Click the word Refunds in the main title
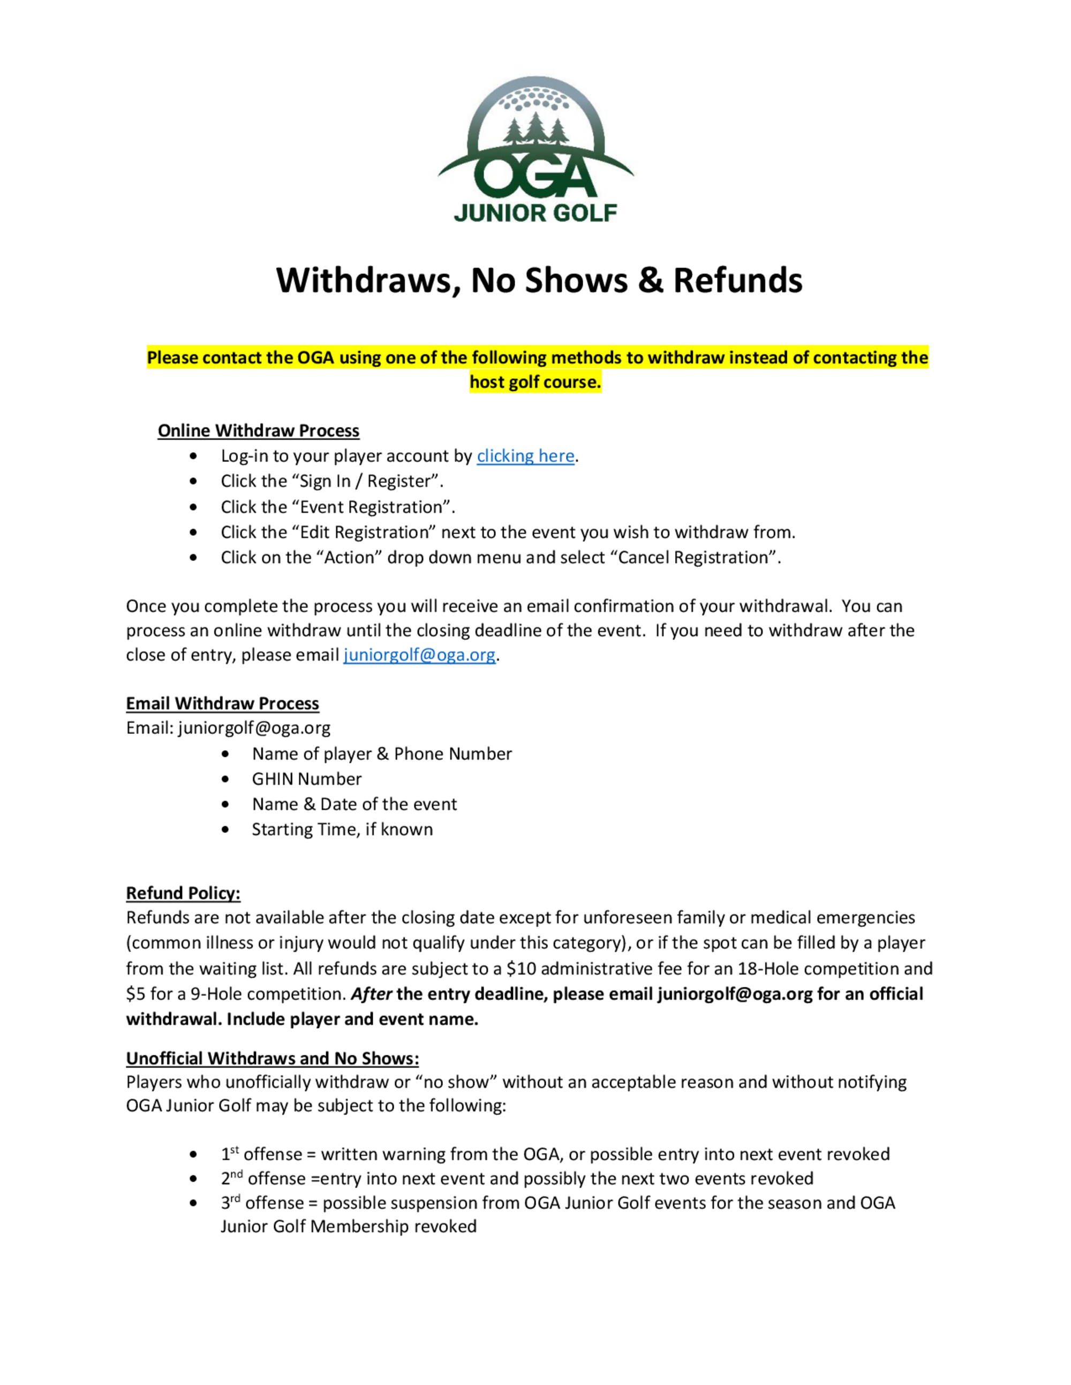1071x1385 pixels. point(737,280)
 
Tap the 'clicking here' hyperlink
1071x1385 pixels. point(525,456)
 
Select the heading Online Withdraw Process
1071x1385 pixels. point(258,431)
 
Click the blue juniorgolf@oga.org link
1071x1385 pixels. point(419,655)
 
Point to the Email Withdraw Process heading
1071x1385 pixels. point(222,703)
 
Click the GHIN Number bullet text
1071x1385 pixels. point(306,779)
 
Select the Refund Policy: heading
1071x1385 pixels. point(183,893)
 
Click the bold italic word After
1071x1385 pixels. point(371,994)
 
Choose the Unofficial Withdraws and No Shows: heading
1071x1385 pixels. point(272,1059)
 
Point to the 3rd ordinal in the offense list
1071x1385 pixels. point(230,1203)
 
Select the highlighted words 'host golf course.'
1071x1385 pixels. point(535,382)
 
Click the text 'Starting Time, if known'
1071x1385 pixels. point(342,830)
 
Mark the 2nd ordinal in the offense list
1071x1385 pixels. point(231,1178)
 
